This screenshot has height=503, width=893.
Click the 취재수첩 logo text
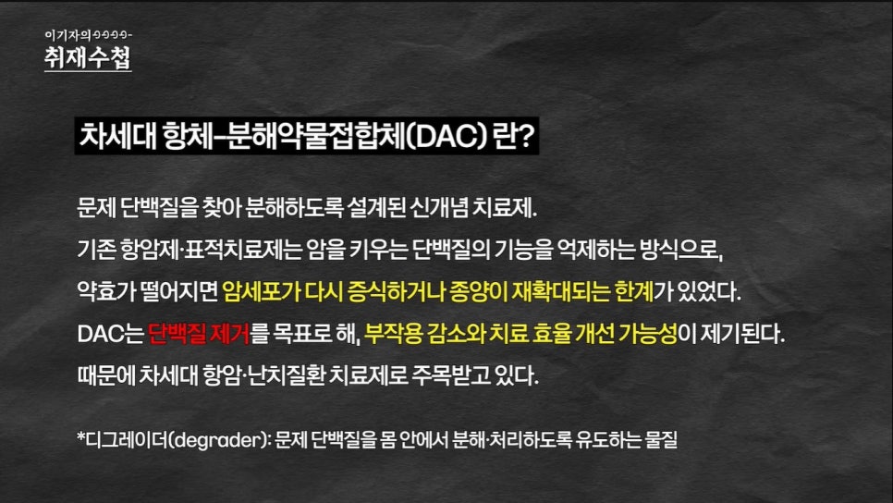(88, 57)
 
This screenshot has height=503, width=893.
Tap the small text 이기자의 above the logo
(67, 35)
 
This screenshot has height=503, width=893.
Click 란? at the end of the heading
(514, 136)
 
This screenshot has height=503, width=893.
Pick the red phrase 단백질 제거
(199, 334)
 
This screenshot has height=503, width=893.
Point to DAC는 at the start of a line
(111, 334)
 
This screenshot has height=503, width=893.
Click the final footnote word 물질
(661, 440)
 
